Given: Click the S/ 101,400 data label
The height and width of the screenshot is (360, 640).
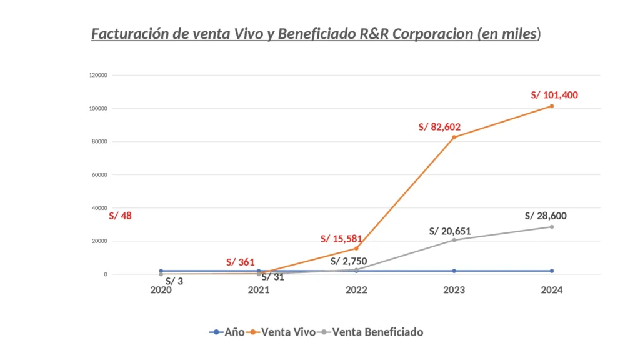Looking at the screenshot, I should coord(554,95).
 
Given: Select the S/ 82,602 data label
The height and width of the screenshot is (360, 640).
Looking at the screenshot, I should coord(439,127).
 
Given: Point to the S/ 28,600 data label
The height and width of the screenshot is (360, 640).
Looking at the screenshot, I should coord(546,216).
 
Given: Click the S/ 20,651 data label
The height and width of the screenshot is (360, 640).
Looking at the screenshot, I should coord(450,231).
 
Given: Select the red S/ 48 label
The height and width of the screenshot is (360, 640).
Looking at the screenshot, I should coord(120,216).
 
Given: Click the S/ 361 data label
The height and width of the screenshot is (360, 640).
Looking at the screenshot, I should coord(241,262).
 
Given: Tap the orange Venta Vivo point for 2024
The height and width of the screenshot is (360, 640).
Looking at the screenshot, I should coord(552,106).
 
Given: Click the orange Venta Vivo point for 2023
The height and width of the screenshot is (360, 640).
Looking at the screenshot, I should coord(454,137).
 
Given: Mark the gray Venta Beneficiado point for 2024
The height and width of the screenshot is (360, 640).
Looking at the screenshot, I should coord(552,227).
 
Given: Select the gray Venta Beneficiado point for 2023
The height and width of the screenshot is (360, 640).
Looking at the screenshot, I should coord(454,240).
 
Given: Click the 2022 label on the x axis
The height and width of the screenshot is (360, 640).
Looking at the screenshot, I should coord(356,291).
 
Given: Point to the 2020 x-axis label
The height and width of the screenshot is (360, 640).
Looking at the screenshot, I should coord(161,291).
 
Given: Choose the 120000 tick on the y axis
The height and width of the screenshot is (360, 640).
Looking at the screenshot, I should coord(99,75).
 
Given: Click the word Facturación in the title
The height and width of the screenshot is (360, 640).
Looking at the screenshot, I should coord(131,34).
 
